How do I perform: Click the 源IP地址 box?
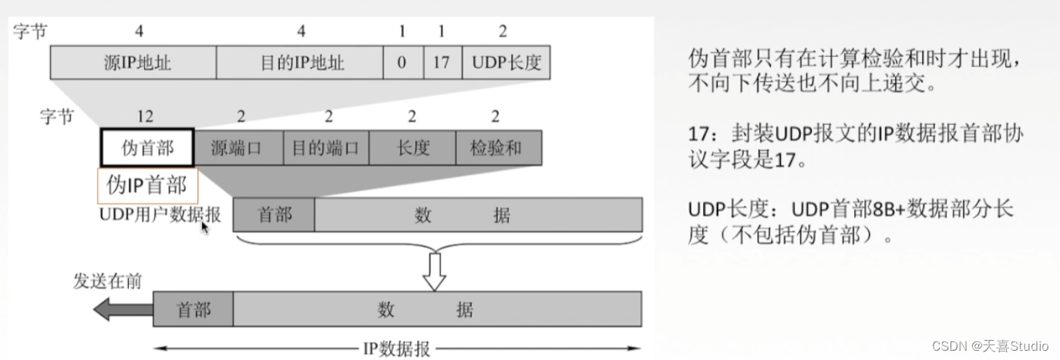pos(133,62)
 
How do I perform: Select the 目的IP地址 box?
pos(300,62)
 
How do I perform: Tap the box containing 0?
pos(402,62)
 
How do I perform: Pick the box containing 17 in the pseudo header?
pos(442,62)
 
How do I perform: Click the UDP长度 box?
pos(506,62)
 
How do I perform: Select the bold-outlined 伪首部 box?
pos(147,147)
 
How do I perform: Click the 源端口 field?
pos(238,147)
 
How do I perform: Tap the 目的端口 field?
pos(325,147)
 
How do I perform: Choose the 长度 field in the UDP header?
pos(412,147)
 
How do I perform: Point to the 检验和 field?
pos(498,147)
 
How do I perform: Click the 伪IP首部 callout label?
pos(146,185)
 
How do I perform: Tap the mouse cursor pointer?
pos(204,227)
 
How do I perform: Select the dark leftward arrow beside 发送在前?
pos(122,310)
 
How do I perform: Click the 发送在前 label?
pos(107,281)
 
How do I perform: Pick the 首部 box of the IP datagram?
pos(193,310)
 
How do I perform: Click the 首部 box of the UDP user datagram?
pos(274,215)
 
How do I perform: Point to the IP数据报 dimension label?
pos(396,348)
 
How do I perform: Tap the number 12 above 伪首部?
pos(145,116)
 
